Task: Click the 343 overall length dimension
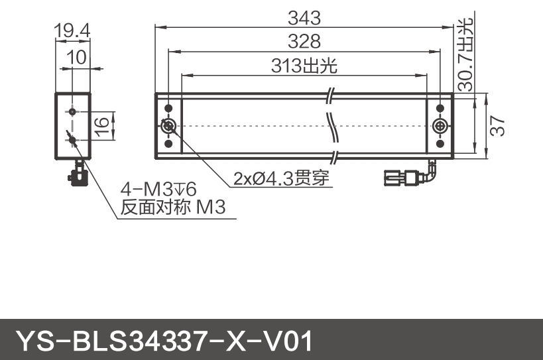pyautogui.click(x=304, y=16)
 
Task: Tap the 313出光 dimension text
pyautogui.click(x=304, y=66)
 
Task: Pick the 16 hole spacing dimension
pyautogui.click(x=101, y=125)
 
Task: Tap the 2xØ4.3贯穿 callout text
pyautogui.click(x=281, y=178)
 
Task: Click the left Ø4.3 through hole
pyautogui.click(x=168, y=126)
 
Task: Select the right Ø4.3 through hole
pyautogui.click(x=440, y=126)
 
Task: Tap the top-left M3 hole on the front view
pyautogui.click(x=168, y=108)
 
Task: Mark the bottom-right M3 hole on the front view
pyautogui.click(x=440, y=144)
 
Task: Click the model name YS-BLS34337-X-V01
pyautogui.click(x=162, y=341)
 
